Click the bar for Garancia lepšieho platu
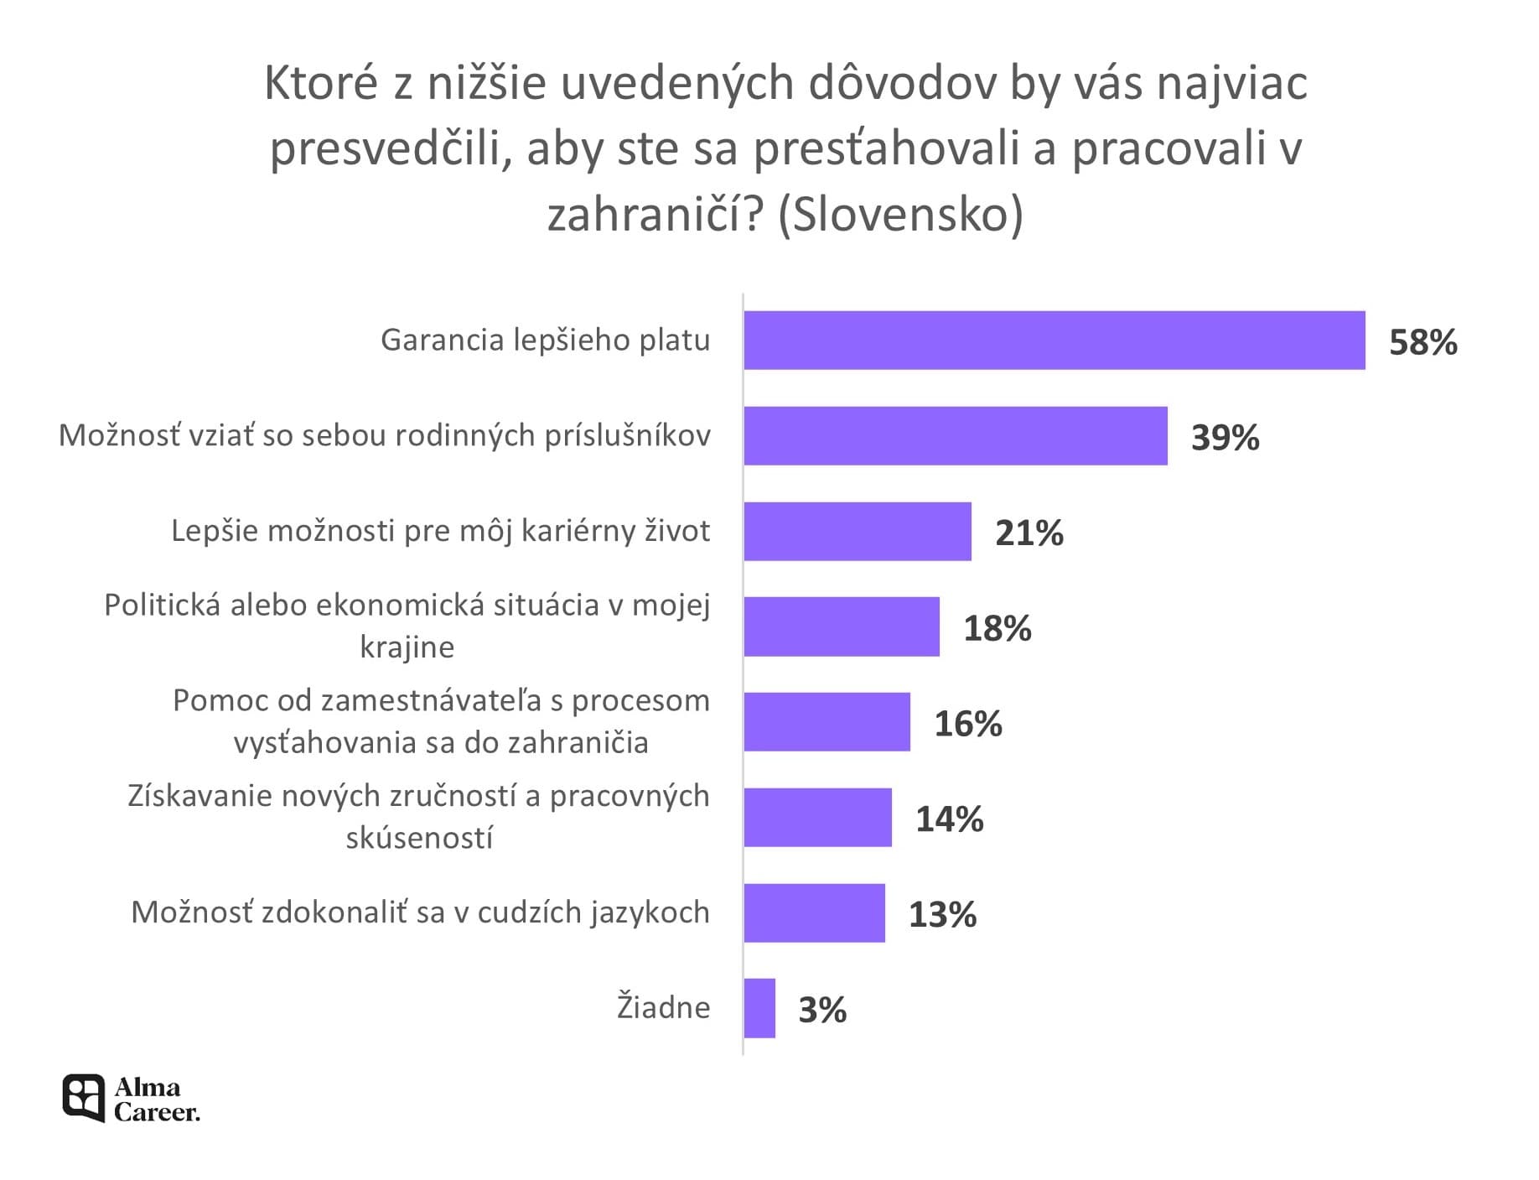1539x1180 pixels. click(1054, 340)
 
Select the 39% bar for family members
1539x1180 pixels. click(955, 436)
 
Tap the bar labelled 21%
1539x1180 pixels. click(857, 532)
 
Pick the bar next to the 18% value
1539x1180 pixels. click(841, 626)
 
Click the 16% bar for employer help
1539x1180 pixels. click(826, 722)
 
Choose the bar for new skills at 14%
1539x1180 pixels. click(817, 818)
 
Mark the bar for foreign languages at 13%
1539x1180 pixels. click(814, 913)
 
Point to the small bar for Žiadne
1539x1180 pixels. click(759, 1008)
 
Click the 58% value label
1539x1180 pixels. click(1422, 343)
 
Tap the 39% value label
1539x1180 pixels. click(1225, 439)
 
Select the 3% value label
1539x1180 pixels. click(822, 1011)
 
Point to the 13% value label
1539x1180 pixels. click(942, 915)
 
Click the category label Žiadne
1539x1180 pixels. click(663, 1007)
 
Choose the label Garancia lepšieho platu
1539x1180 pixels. click(545, 340)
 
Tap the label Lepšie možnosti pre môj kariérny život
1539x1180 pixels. click(441, 531)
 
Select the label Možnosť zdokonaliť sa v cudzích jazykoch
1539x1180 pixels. click(420, 912)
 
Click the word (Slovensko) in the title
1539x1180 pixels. click(900, 215)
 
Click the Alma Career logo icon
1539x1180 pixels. click(84, 1098)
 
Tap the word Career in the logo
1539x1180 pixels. click(157, 1112)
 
